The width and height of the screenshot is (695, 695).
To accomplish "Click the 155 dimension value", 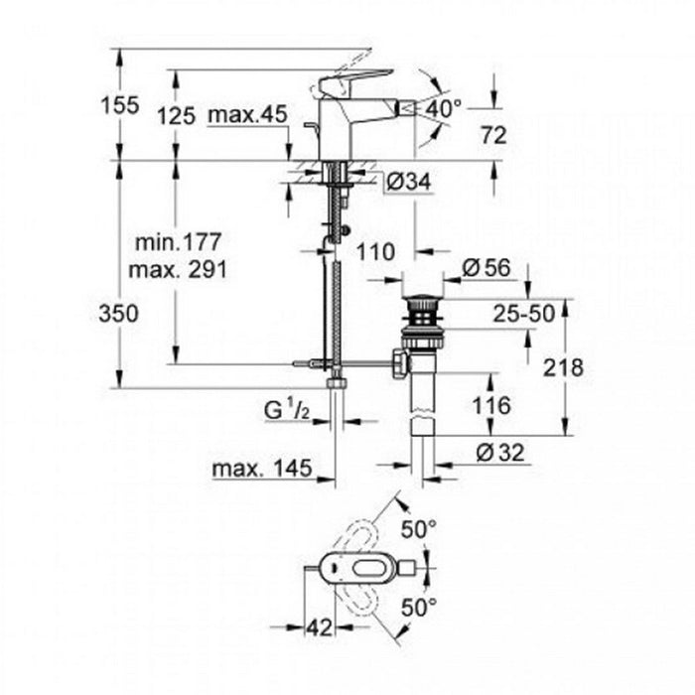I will (120, 103).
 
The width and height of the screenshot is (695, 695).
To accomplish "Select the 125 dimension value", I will (177, 116).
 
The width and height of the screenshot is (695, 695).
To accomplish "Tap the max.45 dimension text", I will (247, 116).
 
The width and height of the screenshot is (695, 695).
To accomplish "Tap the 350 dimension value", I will (120, 313).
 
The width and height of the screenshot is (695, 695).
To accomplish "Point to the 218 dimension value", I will (564, 366).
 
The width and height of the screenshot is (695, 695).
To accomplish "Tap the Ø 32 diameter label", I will (498, 453).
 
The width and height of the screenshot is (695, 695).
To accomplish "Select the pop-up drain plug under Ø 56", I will (422, 297).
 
